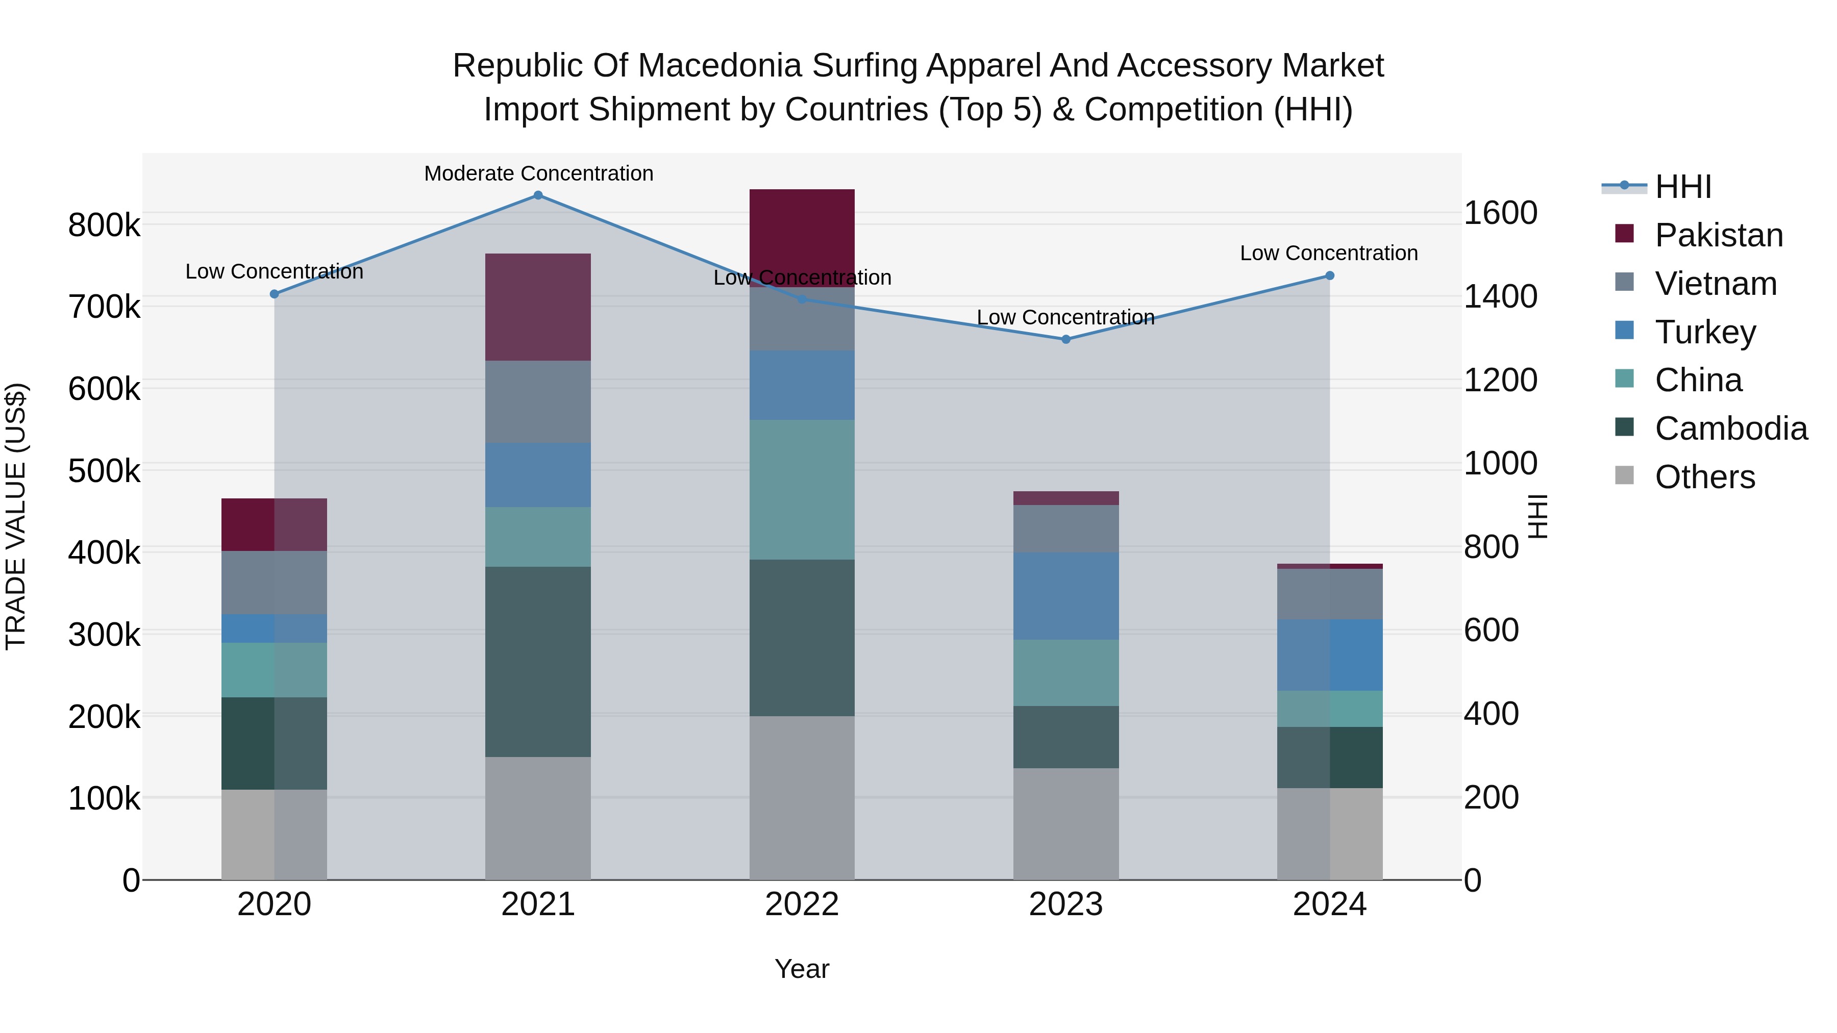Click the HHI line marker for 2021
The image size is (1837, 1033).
pyautogui.click(x=538, y=195)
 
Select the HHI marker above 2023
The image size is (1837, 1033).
pyautogui.click(x=1065, y=339)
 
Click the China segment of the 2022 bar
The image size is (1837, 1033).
pyautogui.click(x=802, y=489)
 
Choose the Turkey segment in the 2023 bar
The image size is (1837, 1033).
pyautogui.click(x=1065, y=595)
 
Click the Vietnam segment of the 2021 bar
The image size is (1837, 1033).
pyautogui.click(x=538, y=401)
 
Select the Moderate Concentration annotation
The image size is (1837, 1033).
pyautogui.click(x=538, y=173)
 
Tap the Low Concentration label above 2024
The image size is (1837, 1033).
pyautogui.click(x=1329, y=253)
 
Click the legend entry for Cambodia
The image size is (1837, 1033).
pyautogui.click(x=1731, y=429)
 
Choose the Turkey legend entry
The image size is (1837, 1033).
pyautogui.click(x=1704, y=332)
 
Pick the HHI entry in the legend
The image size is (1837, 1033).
pyautogui.click(x=1682, y=187)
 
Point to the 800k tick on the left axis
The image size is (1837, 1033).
pyautogui.click(x=104, y=225)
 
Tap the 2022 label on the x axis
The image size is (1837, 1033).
pyautogui.click(x=802, y=904)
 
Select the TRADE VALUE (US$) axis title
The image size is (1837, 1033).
pyautogui.click(x=16, y=516)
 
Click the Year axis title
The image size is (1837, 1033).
pyautogui.click(x=802, y=969)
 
